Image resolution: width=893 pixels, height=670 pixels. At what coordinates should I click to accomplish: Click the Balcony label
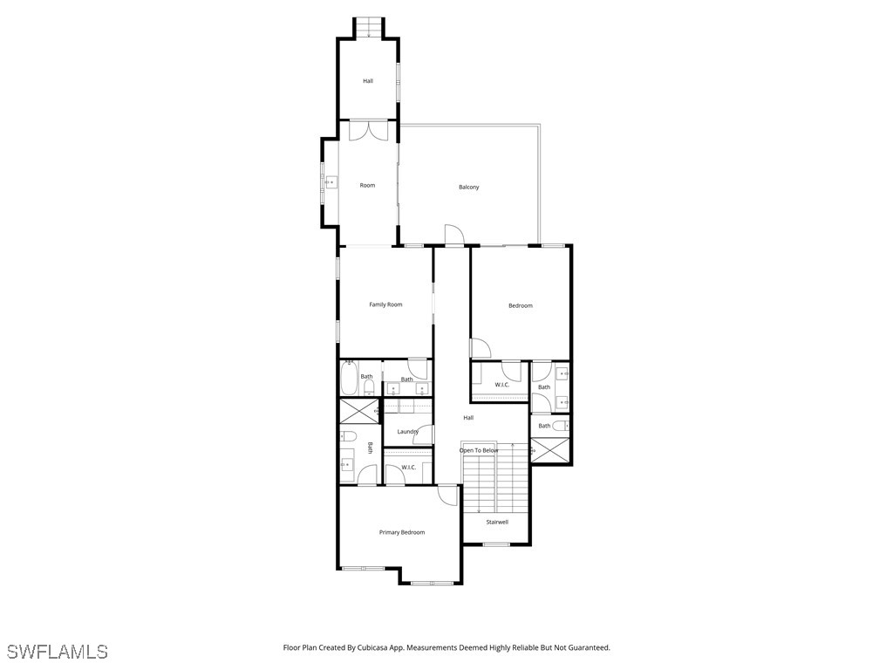pos(468,188)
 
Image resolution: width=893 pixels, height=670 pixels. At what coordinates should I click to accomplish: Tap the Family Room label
pos(385,304)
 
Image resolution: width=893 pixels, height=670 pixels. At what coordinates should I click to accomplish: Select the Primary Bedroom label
pos(402,532)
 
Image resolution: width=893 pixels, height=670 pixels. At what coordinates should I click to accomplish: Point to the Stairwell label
pos(497,523)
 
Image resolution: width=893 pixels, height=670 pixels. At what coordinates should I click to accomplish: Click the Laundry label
pos(407,432)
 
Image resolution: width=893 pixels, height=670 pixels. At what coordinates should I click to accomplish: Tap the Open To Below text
pos(479,450)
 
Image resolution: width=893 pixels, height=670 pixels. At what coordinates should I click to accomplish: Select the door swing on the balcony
pos(454,236)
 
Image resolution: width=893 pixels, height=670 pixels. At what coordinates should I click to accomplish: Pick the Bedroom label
pos(521,305)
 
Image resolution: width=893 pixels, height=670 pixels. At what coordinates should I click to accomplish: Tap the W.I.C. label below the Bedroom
pos(502,385)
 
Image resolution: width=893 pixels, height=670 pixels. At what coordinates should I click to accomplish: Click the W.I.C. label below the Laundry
pos(408,468)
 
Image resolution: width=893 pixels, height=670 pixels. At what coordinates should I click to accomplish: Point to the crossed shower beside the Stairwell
pos(549,450)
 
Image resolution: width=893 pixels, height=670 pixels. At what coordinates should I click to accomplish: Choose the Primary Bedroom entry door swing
pos(447,495)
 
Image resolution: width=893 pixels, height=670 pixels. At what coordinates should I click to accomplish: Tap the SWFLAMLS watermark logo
pos(58,652)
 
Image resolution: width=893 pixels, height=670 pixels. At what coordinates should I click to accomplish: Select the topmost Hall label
pos(368,81)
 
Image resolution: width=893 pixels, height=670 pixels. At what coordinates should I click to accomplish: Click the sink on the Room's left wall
pos(331,182)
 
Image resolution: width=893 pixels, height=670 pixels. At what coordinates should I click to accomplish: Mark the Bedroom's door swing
pos(481,347)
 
